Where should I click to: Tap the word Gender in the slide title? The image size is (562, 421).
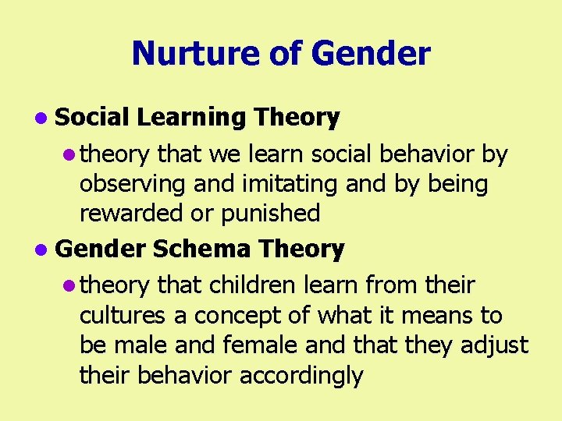coord(370,54)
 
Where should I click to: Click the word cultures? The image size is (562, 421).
coord(122,316)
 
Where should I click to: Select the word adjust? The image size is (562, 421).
coord(497,345)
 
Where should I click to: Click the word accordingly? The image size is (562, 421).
coord(301,375)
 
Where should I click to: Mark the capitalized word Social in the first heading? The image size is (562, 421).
coord(92,118)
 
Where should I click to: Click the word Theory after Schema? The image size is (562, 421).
coord(301,249)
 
